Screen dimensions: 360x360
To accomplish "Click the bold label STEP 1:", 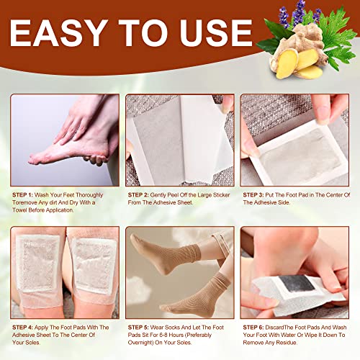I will (x=26, y=195).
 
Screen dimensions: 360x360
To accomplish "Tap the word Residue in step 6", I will (x=302, y=345).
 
